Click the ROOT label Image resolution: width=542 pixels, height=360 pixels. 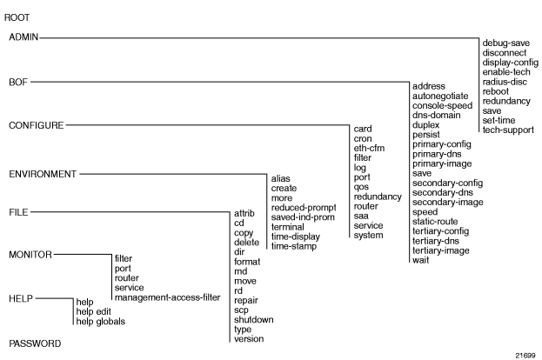pos(17,17)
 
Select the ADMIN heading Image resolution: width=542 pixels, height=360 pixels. pos(23,37)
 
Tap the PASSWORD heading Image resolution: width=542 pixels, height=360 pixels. pos(35,343)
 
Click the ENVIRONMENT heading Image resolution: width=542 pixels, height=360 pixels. pos(43,174)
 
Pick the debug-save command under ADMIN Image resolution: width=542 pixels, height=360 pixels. pos(505,43)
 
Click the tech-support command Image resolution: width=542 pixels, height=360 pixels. pos(508,130)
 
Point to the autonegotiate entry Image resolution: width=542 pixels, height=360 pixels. pos(440,96)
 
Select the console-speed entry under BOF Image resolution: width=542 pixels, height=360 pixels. pos(442,106)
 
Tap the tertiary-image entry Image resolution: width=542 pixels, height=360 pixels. pos(441,250)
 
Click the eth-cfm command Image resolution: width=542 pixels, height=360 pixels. pos(369,148)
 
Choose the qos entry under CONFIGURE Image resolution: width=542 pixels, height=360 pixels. pos(361,187)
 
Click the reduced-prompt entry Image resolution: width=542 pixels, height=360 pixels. pos(304,208)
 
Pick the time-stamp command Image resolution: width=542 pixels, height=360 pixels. pos(294,246)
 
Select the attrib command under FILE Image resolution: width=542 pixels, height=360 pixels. pos(244,213)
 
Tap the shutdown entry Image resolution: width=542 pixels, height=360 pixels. pos(254,320)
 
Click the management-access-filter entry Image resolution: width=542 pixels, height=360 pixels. pos(167,297)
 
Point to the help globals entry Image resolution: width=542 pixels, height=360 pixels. pos(101,322)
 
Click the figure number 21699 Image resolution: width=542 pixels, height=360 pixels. pos(525,356)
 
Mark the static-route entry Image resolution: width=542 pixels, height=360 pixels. pos(435,222)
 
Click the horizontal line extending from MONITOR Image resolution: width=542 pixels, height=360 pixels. pos(83,255)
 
